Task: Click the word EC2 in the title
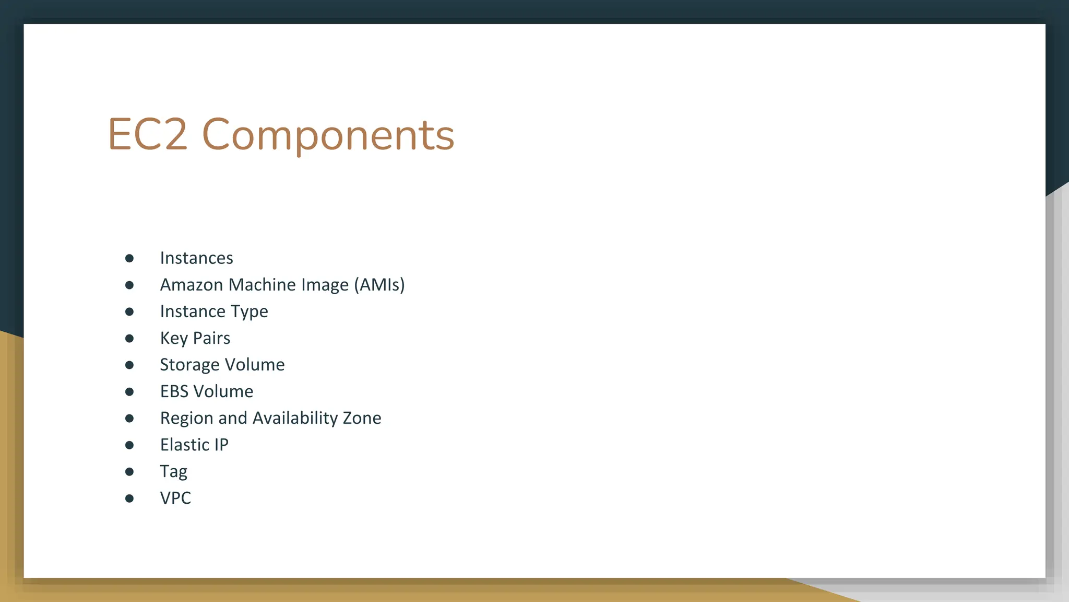147,135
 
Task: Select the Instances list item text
196,258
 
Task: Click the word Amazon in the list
192,285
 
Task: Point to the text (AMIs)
379,285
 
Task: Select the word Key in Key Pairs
174,339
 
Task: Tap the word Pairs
211,338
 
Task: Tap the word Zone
362,418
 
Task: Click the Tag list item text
173,472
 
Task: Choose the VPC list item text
175,498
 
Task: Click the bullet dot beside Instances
129,258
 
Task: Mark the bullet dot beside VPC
129,499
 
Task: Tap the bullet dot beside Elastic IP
129,445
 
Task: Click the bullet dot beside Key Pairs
129,339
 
